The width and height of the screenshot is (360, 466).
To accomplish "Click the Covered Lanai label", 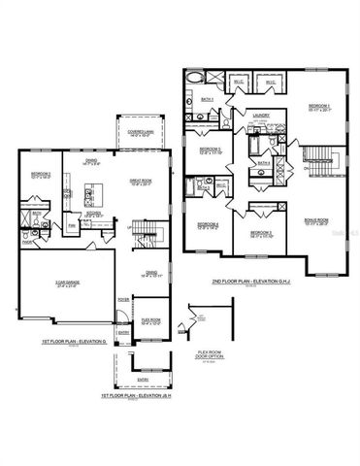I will click(x=129, y=133).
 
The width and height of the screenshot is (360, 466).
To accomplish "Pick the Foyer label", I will click(x=123, y=300).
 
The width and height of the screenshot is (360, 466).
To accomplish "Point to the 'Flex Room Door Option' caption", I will click(x=205, y=353).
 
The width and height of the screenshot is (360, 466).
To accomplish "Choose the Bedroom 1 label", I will click(x=320, y=106).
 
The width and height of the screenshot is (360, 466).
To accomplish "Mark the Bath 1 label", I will click(x=207, y=99).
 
